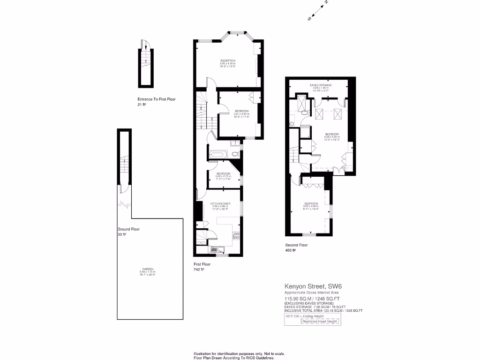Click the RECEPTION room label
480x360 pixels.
click(x=227, y=61)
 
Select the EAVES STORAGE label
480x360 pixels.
click(x=321, y=85)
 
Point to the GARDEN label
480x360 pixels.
click(x=147, y=269)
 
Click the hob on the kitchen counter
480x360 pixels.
click(x=236, y=236)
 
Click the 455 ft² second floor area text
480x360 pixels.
click(x=291, y=250)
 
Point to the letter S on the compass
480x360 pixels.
click(x=309, y=19)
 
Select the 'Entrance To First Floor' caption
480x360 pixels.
click(x=156, y=99)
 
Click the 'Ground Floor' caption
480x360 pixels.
click(x=129, y=229)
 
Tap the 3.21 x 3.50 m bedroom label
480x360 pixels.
click(x=241, y=111)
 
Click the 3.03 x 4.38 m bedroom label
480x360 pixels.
click(x=311, y=203)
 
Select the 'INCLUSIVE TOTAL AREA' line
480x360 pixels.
click(x=323, y=310)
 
